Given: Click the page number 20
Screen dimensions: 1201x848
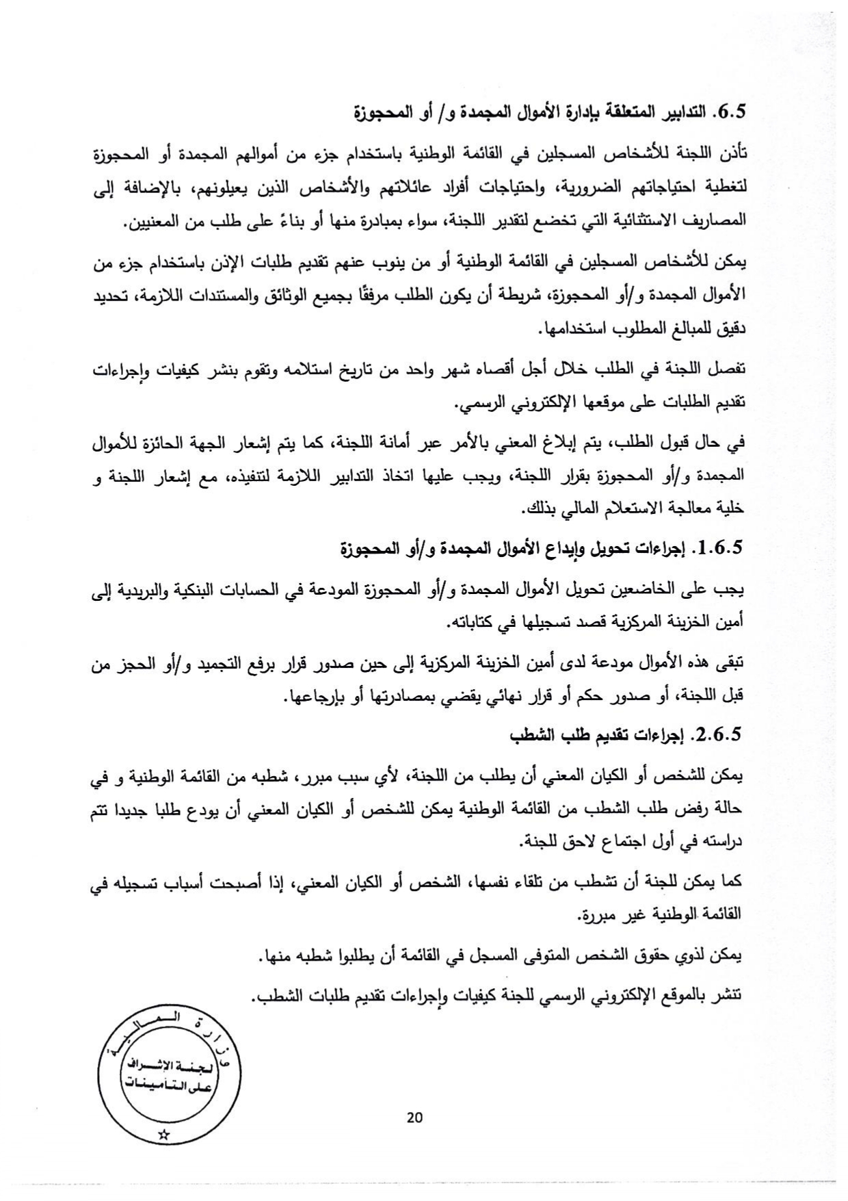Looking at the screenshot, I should [x=414, y=1118].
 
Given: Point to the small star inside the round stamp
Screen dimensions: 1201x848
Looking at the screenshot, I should [x=163, y=1135].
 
